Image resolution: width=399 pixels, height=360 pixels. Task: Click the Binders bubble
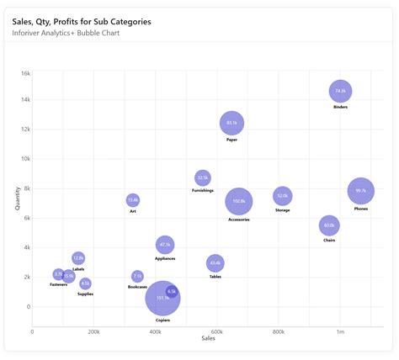(340, 91)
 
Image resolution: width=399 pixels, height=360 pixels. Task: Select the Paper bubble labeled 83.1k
(232, 123)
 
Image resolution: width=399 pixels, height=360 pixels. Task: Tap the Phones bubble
(361, 191)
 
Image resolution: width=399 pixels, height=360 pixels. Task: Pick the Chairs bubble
(329, 225)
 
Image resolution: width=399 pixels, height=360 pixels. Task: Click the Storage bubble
(283, 196)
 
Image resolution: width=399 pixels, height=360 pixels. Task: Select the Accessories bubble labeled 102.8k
(239, 201)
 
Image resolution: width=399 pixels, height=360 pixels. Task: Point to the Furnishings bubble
(202, 177)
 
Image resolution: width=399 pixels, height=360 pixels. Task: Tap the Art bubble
(133, 199)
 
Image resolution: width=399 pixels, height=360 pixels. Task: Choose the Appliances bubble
(165, 245)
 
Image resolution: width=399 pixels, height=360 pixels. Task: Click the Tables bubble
(215, 263)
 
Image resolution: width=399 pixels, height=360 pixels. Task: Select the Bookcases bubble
(137, 276)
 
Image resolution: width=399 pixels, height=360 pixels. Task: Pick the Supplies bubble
(85, 283)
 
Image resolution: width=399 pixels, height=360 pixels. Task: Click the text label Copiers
(162, 320)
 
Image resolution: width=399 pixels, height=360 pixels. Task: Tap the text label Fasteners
(59, 284)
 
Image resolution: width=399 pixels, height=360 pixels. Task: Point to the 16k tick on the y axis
(25, 73)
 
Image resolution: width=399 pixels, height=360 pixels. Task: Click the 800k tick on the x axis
(279, 332)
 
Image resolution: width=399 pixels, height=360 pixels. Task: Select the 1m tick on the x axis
(340, 332)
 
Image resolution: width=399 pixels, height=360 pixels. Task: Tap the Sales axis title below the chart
(208, 338)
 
